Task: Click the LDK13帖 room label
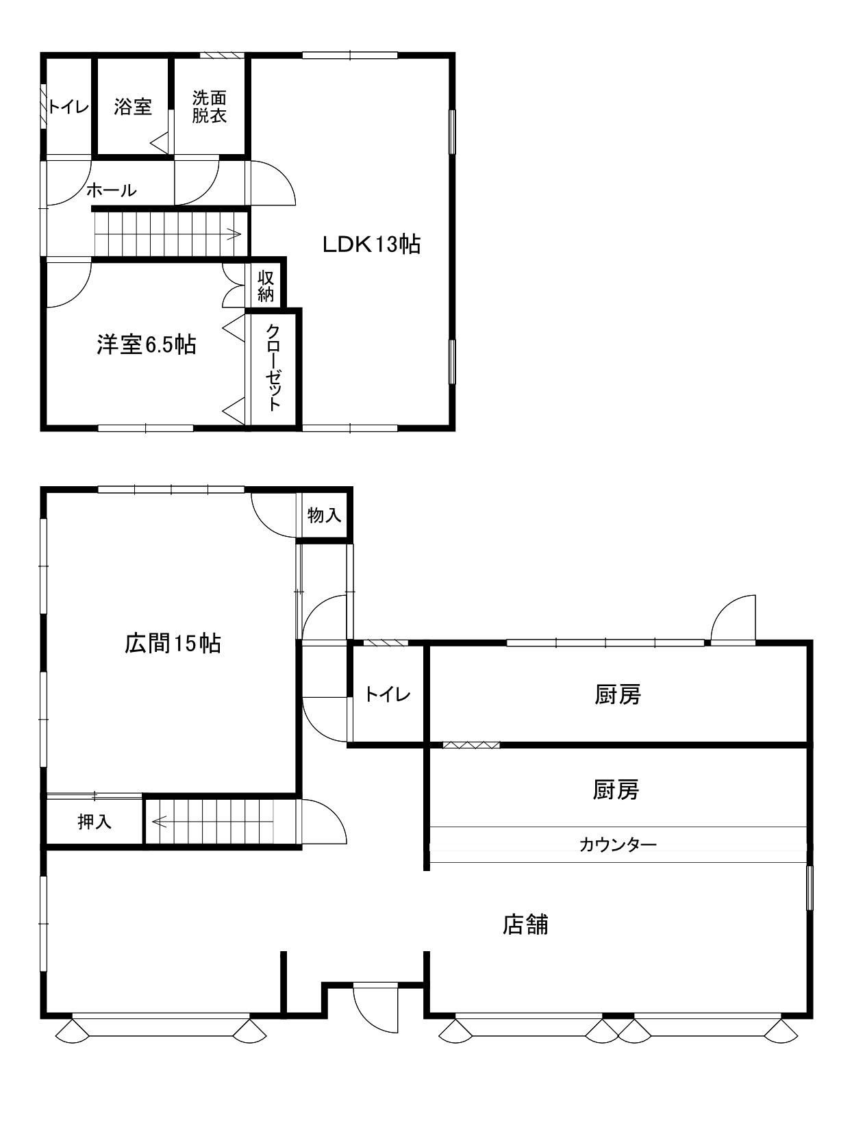tap(371, 244)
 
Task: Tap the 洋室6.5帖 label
tap(147, 344)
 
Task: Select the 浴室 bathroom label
tap(133, 106)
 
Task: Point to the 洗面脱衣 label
tap(210, 106)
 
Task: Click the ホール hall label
tap(112, 190)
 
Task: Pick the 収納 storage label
tap(266, 286)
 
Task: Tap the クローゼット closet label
tap(273, 367)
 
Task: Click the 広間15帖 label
tap(173, 643)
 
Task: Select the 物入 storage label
tap(324, 515)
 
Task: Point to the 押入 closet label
tap(95, 821)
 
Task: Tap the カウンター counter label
tap(618, 845)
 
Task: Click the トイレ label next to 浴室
tap(68, 107)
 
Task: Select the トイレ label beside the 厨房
tap(387, 694)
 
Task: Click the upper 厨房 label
tap(618, 694)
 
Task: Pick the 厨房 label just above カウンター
tap(616, 789)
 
